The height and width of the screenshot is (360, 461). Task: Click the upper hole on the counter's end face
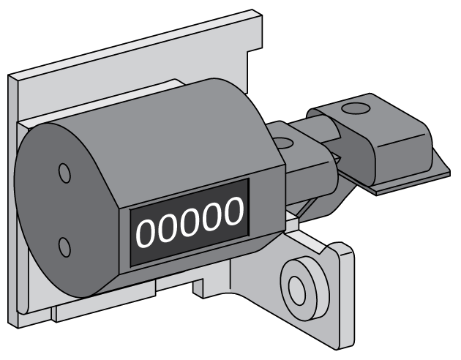(65, 173)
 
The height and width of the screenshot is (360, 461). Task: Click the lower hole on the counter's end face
(65, 247)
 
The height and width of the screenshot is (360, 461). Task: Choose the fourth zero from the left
(211, 217)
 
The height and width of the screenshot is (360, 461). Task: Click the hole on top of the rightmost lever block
(356, 109)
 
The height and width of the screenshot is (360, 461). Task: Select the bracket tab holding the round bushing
(329, 293)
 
